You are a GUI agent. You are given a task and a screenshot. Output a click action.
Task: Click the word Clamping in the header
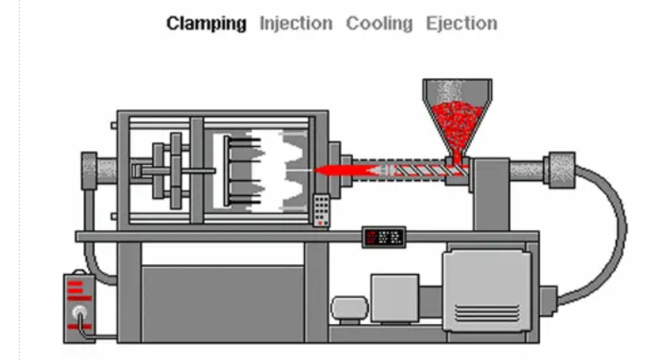[x=206, y=24]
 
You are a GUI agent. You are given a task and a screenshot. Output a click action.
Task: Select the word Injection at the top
[x=296, y=24]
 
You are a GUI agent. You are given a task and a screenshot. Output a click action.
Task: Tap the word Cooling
[x=379, y=24]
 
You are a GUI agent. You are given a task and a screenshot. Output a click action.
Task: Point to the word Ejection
[x=462, y=24]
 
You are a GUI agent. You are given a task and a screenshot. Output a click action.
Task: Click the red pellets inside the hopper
[x=457, y=125]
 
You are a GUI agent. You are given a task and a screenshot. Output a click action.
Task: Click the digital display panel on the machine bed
[x=384, y=237]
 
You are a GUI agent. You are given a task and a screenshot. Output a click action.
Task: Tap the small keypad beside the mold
[x=321, y=210]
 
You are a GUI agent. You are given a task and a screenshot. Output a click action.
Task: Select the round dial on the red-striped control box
[x=79, y=313]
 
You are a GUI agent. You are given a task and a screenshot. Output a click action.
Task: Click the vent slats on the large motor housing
[x=487, y=313]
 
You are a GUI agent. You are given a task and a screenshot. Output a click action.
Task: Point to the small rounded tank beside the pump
[x=350, y=308]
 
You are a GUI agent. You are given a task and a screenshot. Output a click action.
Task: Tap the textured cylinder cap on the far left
[x=89, y=170]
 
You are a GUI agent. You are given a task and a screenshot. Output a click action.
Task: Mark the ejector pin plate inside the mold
[x=227, y=170]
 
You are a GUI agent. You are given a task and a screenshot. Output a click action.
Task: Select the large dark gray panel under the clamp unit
[x=222, y=305]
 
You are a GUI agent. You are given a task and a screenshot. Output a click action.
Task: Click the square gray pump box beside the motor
[x=394, y=298]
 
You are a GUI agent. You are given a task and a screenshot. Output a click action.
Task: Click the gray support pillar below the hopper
[x=492, y=195]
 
